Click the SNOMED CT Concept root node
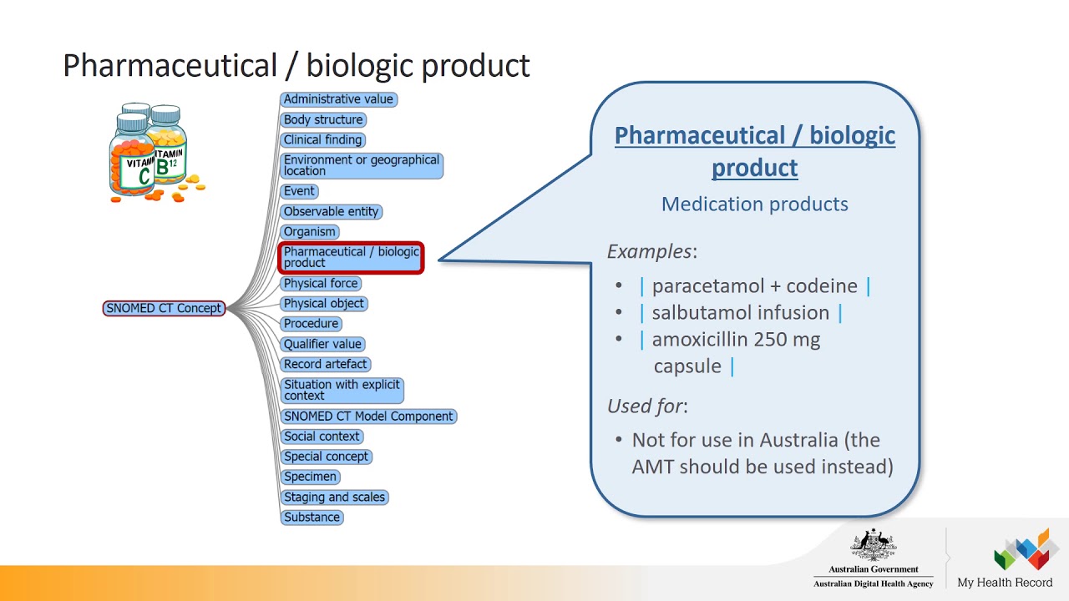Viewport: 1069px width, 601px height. [164, 308]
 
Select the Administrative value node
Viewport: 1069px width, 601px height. [338, 99]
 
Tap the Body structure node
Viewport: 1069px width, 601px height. [323, 119]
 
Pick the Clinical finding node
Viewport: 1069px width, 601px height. [322, 139]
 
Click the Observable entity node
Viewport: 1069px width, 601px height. [332, 211]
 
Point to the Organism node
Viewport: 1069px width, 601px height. [310, 231]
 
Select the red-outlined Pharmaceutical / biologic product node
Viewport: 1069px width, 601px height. [351, 257]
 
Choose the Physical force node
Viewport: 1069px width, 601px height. [321, 283]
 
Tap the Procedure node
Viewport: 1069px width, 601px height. [311, 323]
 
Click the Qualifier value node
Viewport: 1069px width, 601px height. [322, 344]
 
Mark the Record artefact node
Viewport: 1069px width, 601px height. [325, 364]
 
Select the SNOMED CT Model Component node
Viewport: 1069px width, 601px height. [368, 416]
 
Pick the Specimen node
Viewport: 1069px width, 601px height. [310, 477]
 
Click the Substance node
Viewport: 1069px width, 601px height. [312, 517]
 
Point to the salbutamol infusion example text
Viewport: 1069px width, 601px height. [741, 312]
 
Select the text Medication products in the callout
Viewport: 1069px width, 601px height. [754, 204]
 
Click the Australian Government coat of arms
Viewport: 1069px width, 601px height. [873, 546]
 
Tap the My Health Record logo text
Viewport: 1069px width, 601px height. [1005, 583]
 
